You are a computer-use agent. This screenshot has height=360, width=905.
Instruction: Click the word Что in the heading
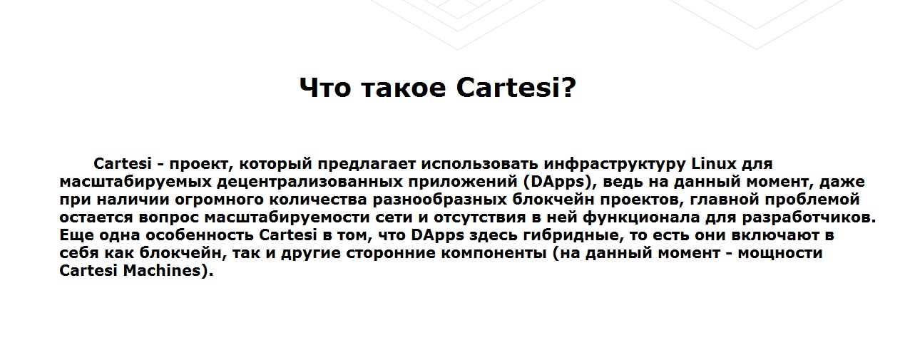324,88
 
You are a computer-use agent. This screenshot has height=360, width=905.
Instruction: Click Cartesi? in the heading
516,87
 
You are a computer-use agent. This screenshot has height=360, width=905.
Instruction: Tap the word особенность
200,235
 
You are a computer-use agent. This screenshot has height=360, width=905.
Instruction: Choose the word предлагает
367,165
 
